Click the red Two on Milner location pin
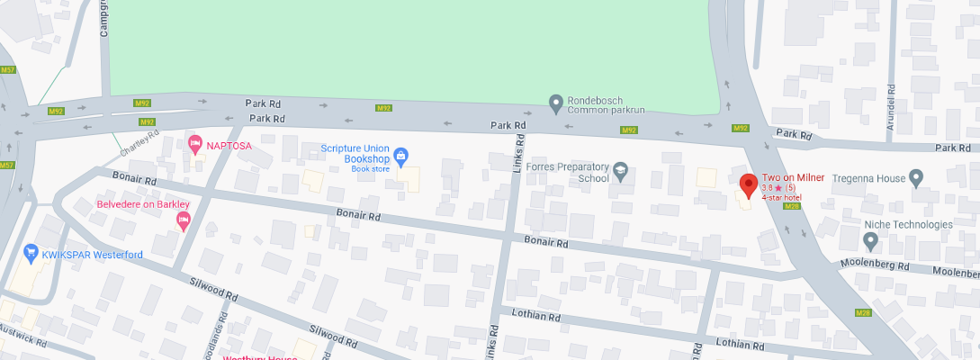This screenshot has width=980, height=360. click(x=747, y=186)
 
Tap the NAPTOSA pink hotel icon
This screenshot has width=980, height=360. click(x=194, y=144)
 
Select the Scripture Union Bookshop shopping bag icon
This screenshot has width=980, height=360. click(x=401, y=155)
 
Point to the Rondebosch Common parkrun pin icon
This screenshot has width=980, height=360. click(x=556, y=104)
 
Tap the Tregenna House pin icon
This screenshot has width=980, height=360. click(x=916, y=178)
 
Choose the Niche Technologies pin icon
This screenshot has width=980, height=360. click(x=870, y=241)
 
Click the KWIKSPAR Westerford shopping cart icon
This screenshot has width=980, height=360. click(x=31, y=255)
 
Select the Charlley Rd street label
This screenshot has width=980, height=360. click(x=139, y=141)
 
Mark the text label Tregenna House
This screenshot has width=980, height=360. click(x=865, y=178)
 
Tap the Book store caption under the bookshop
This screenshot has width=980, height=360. click(x=371, y=168)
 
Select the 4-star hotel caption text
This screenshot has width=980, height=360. click(x=782, y=197)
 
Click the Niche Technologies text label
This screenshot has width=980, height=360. click(x=908, y=224)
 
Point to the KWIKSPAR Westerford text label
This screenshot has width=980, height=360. click(x=92, y=255)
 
